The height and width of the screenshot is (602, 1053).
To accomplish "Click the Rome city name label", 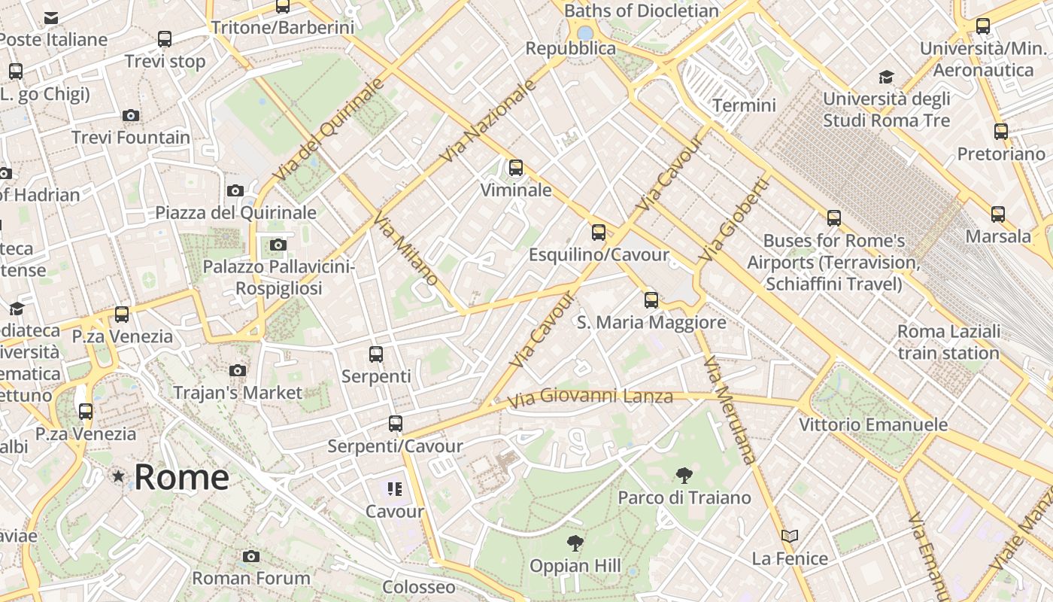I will click(181, 477).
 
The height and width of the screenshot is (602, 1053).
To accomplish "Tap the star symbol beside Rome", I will click(118, 476).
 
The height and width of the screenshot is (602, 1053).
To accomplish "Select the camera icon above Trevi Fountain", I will click(131, 115).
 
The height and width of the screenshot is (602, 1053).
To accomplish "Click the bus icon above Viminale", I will click(516, 168).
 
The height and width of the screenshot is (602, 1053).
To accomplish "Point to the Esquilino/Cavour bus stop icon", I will click(599, 233).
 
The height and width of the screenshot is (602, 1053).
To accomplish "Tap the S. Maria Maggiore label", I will click(651, 323).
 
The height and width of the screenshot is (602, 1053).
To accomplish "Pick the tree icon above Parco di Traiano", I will click(684, 475).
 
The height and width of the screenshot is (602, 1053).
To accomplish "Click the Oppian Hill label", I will click(575, 565).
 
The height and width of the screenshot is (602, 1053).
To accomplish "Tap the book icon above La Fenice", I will click(790, 537).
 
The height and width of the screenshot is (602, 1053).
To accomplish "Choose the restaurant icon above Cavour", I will click(395, 489).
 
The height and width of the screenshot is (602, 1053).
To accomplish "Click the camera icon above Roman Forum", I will click(251, 556).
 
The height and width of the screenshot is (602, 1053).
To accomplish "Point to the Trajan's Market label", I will click(238, 392).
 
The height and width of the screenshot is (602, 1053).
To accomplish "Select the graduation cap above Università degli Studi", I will click(886, 77).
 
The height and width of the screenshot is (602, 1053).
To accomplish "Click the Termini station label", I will click(744, 105).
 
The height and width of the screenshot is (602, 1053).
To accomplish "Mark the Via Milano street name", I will click(405, 251).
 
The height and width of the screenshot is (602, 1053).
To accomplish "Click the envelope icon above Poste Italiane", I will click(51, 18).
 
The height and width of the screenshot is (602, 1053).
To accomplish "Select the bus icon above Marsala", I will click(998, 214).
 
